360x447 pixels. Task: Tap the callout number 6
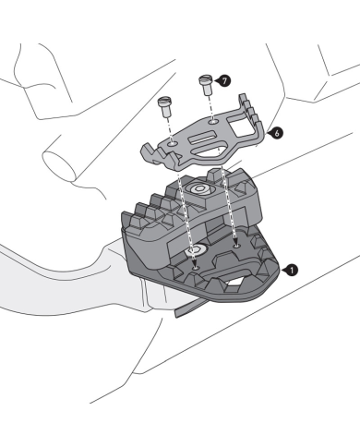coord(277,133)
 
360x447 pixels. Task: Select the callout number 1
coord(292,271)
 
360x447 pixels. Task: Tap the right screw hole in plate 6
coord(213,119)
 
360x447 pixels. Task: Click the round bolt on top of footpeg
coord(199,188)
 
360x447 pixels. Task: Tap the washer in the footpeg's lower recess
coord(197,251)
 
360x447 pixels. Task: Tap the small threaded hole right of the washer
coord(237,246)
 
